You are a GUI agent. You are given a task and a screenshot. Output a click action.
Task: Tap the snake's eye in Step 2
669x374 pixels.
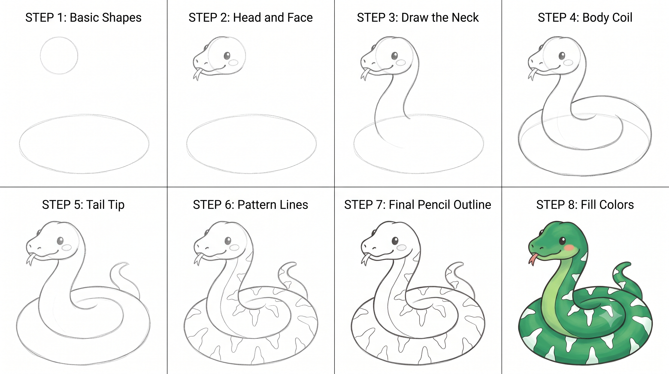[227, 56]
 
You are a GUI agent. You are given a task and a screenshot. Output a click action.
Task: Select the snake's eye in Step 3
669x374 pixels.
[395, 56]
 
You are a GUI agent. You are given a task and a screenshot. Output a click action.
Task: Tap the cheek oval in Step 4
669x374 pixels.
[568, 62]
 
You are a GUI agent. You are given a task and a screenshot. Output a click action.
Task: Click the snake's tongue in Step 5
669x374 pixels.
[30, 260]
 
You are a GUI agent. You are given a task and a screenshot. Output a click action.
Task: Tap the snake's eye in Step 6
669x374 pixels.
[228, 241]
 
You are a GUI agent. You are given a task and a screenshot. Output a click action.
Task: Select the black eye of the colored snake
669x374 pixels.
[563, 241]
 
